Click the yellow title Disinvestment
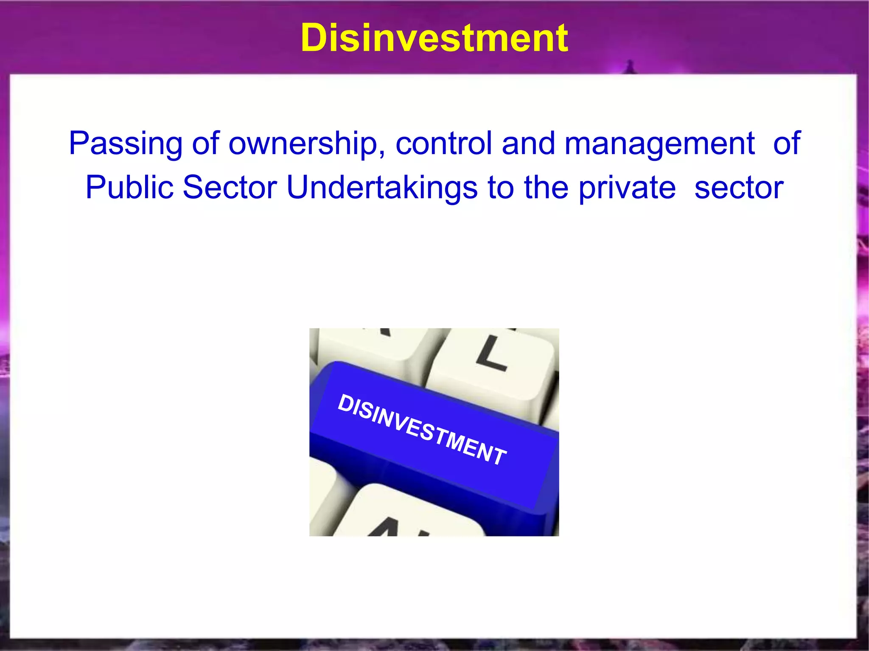click(x=434, y=38)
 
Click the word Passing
click(x=126, y=143)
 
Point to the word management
click(x=659, y=143)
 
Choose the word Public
click(x=129, y=188)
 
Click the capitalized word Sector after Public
click(x=230, y=188)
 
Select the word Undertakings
click(x=382, y=188)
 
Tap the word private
click(x=627, y=188)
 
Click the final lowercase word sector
click(x=739, y=188)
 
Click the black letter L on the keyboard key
click(x=491, y=353)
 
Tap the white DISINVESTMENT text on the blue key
click(x=422, y=429)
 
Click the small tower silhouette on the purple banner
click(x=630, y=67)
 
